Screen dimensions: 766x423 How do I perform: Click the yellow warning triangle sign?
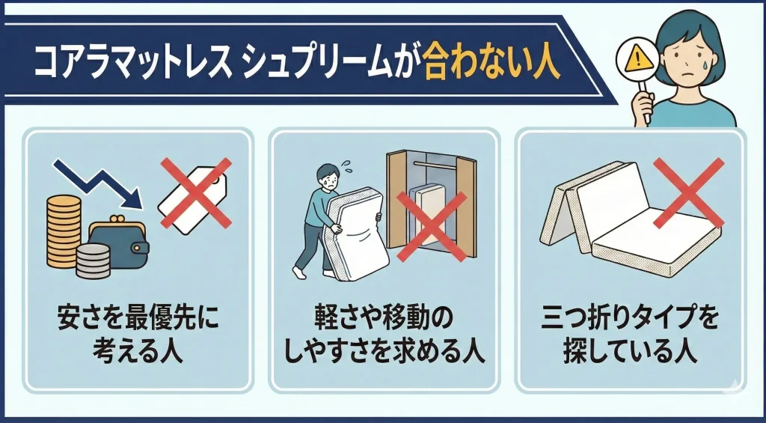(639, 59)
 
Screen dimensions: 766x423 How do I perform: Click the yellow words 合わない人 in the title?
(491, 64)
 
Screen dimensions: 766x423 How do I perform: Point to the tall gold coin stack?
(64, 231)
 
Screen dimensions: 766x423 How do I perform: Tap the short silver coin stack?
(94, 261)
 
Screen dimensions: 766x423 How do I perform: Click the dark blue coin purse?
(119, 242)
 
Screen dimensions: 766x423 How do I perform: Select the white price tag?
(193, 199)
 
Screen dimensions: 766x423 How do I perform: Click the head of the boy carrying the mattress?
(328, 175)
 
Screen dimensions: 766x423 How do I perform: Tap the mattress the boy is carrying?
(355, 234)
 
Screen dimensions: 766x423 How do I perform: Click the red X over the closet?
(432, 226)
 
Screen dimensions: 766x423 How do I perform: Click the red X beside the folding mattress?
(688, 192)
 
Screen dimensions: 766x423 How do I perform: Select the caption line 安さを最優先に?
(138, 318)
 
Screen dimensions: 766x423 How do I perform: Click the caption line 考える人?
(138, 353)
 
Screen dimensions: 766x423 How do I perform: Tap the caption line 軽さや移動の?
(384, 318)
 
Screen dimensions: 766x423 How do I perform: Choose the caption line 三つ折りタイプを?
(630, 318)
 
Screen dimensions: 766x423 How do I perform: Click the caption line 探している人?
(630, 353)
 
